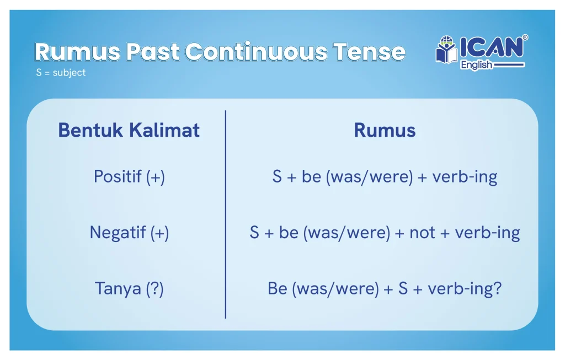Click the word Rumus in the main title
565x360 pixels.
[x=77, y=52]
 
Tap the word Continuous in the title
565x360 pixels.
[x=255, y=52]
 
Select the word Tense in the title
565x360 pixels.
[x=369, y=52]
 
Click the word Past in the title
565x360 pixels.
[x=153, y=52]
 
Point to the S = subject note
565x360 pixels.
[x=61, y=73]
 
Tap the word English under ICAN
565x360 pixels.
[x=476, y=65]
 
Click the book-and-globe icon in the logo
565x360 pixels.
[x=446, y=50]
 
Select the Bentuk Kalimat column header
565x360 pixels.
[x=129, y=130]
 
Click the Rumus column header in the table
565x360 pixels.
[x=385, y=130]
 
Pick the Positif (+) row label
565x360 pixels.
[x=129, y=177]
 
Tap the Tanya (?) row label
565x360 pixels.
[x=129, y=289]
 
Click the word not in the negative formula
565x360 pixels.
[x=422, y=233]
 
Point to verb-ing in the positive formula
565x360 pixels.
[x=465, y=177]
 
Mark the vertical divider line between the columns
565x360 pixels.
[x=226, y=214]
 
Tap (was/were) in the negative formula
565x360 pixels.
[x=347, y=233]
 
